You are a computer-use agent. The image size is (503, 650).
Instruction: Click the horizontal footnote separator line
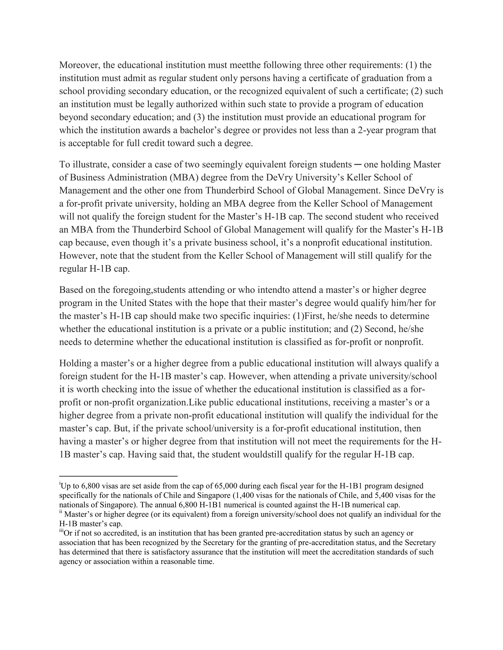118,476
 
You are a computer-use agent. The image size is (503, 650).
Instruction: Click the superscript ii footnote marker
60,512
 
